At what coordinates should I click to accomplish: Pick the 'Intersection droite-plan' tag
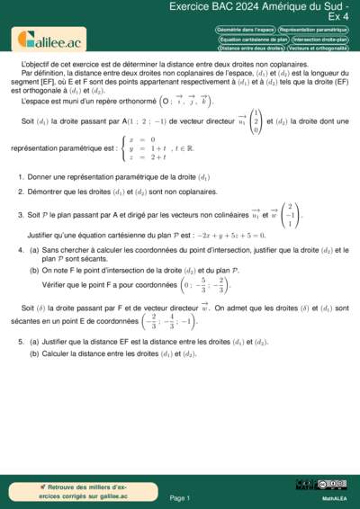point(319,40)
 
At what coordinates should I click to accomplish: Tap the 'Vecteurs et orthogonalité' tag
point(319,48)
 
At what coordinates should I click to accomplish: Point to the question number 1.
point(21,178)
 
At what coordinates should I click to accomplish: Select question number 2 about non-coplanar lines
point(21,193)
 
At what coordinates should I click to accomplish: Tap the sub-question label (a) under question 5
point(34,342)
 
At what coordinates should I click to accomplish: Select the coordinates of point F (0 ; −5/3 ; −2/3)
point(206,287)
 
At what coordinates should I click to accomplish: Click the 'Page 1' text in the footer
point(180,497)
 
